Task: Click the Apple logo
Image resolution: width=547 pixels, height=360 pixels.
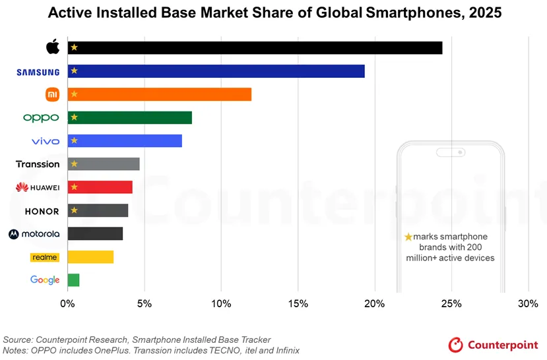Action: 53,47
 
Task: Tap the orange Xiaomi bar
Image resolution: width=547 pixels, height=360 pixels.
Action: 159,94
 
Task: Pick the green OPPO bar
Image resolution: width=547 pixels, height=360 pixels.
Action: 129,117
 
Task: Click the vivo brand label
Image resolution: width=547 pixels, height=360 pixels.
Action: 46,141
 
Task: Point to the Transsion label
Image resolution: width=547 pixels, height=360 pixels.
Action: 38,164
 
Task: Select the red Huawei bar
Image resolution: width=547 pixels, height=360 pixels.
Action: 100,187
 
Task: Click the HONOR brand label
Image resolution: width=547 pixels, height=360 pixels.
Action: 42,211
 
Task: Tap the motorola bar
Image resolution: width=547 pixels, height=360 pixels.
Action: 95,233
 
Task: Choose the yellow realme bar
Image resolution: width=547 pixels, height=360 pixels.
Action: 90,257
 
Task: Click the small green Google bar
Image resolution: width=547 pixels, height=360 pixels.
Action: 73,280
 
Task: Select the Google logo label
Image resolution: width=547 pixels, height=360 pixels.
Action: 45,280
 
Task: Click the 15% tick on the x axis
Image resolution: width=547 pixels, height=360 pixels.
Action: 298,304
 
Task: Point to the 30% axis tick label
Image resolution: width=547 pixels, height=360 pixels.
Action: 528,304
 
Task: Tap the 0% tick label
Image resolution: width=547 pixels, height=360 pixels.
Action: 67,304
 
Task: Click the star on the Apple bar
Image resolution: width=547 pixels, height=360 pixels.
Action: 74,47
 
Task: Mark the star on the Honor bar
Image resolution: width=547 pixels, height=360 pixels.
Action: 74,210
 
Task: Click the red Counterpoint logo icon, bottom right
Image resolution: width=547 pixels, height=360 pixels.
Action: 455,345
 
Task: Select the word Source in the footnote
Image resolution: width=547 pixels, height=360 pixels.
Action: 19,339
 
